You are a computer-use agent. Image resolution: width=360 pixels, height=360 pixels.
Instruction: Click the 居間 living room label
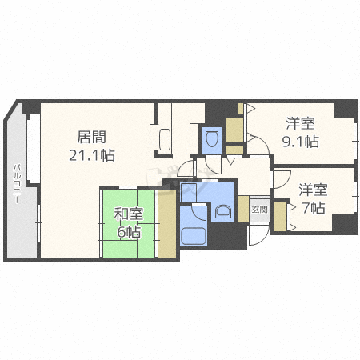tap(91, 137)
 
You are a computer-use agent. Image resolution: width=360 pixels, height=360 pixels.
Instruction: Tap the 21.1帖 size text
tap(92, 155)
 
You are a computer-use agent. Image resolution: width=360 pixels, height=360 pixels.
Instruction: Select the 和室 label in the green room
tap(129, 214)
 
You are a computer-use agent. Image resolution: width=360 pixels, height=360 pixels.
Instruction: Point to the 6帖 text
tap(129, 232)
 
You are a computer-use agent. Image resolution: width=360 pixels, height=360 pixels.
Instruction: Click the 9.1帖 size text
tap(301, 142)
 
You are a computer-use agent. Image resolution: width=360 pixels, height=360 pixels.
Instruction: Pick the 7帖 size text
tap(314, 208)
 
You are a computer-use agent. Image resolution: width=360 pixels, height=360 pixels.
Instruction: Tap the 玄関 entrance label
tap(259, 210)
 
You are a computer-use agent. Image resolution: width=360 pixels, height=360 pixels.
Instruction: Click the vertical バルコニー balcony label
tap(18, 184)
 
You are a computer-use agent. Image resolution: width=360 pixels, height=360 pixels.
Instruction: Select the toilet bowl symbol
tap(212, 137)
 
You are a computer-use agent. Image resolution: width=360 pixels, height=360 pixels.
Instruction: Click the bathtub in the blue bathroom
tap(193, 236)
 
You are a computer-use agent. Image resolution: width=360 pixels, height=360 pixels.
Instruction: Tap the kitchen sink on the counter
tap(164, 141)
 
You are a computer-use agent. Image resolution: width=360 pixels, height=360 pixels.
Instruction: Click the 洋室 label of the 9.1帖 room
tap(300, 123)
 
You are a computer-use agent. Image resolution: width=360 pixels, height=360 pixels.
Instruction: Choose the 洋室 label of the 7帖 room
tap(313, 190)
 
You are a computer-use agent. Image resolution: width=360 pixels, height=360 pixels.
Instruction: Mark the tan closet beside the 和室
tap(167, 223)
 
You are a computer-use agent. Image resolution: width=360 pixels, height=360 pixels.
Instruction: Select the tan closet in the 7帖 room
tap(280, 216)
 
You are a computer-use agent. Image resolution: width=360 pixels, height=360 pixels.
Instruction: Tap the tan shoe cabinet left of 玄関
tap(243, 209)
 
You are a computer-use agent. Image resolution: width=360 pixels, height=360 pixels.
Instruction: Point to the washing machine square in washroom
tap(189, 192)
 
